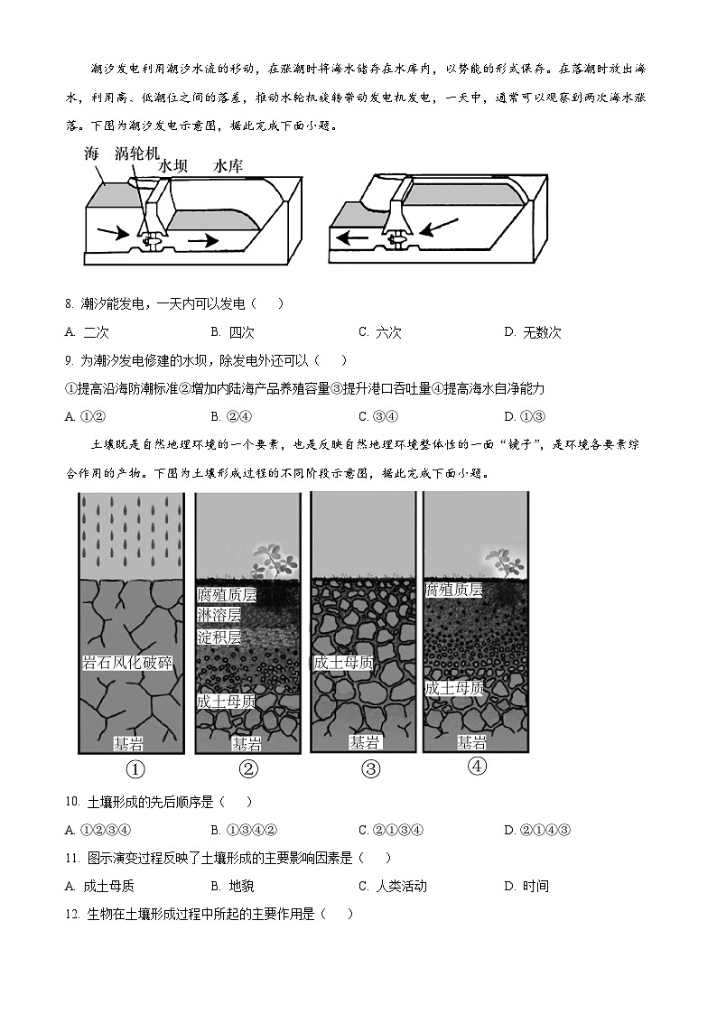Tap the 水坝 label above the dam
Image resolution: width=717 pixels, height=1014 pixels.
(173, 166)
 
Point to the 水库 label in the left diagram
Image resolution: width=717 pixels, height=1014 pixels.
(229, 166)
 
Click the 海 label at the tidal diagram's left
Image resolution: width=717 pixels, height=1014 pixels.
(91, 154)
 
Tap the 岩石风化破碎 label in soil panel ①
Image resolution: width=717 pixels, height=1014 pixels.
(126, 664)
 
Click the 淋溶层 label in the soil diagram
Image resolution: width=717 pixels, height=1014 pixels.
(219, 615)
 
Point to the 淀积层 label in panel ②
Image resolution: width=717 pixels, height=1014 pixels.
(219, 637)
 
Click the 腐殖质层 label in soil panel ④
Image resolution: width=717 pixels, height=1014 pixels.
(453, 590)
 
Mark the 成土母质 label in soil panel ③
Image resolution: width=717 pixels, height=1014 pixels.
(342, 663)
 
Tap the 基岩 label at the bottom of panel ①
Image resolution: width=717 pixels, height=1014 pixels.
(127, 744)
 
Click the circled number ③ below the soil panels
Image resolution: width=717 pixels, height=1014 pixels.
(371, 769)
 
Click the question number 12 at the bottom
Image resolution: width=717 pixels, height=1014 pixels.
(71, 914)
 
